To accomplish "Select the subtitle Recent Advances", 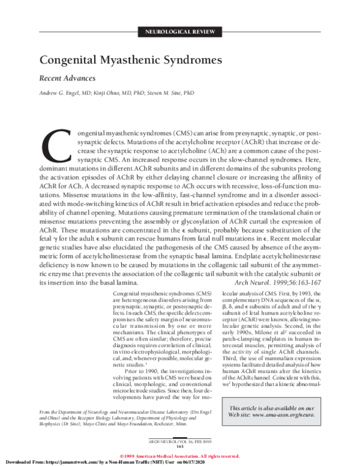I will coord(68,78).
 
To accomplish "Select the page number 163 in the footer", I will coord(179,447).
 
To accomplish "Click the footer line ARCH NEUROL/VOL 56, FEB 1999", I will coord(179,441).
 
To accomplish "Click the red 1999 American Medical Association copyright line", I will coord(180,455).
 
